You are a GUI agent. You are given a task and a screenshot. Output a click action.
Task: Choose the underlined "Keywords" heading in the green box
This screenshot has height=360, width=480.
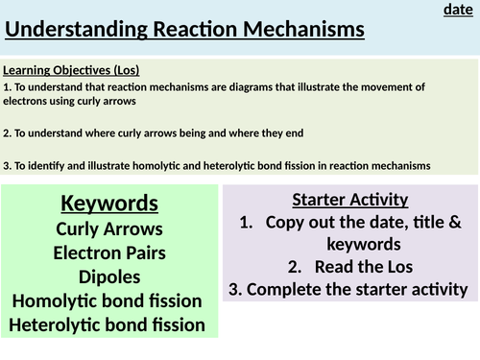point(110,204)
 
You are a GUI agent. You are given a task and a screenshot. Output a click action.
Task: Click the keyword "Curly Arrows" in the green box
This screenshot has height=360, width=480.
point(110,229)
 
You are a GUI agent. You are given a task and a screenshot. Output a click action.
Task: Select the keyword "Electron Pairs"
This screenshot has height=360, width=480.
point(110,253)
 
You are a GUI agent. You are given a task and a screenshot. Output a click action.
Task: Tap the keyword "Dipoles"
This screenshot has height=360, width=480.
point(110,277)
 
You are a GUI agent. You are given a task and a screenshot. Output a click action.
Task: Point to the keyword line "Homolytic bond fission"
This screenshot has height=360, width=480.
point(110,301)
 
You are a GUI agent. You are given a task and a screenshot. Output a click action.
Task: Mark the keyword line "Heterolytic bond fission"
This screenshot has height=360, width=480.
point(110,324)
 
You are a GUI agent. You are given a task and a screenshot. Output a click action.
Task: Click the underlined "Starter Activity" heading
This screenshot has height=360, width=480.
point(349,200)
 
